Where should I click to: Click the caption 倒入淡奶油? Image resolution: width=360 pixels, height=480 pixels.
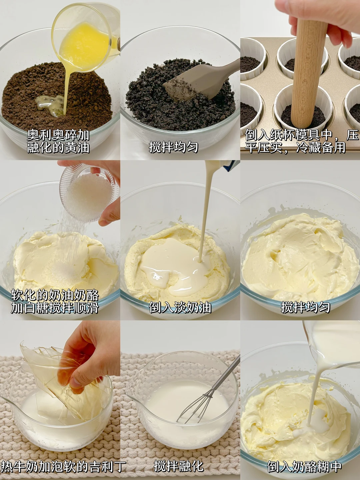point(180,307)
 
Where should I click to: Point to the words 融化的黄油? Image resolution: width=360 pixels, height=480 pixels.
point(58,147)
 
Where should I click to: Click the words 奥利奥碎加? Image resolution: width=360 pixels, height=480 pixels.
point(58,135)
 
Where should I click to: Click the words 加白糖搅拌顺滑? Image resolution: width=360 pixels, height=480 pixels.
point(55,307)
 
